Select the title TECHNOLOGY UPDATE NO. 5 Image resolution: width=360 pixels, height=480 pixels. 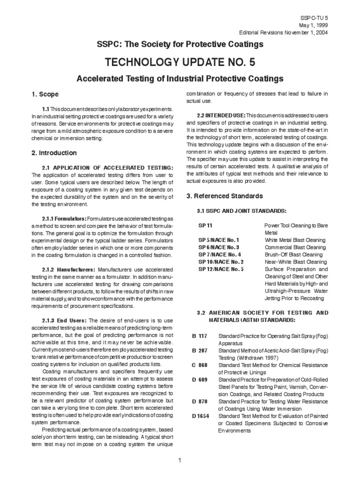180,62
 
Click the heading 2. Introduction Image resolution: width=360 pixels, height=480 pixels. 54,153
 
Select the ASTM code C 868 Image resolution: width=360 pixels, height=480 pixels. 200,365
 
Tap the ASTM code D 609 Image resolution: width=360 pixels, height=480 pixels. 200,379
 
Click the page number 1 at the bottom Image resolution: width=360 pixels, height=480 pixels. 180,461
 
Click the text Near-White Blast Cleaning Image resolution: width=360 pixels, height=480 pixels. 295,262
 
